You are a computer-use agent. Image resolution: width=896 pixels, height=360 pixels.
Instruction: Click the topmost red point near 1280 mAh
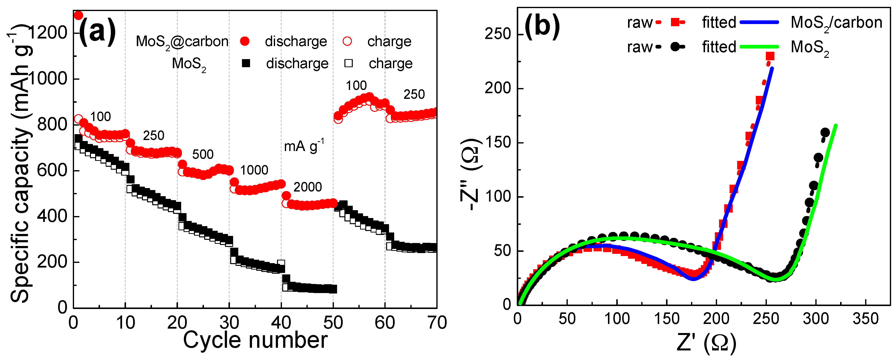(79, 15)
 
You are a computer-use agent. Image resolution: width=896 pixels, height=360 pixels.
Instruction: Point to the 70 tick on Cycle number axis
(437, 323)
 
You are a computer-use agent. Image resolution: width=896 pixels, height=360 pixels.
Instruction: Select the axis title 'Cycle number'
(255, 340)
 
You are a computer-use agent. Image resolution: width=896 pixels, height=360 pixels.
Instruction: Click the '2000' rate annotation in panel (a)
(307, 187)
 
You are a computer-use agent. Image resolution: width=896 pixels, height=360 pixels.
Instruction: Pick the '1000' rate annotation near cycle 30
(254, 170)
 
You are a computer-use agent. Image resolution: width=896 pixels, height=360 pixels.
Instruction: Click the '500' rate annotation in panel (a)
(203, 154)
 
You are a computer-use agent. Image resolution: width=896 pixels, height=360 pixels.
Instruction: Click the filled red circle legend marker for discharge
(245, 41)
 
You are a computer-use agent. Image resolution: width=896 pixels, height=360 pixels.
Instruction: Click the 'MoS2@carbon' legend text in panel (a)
(182, 42)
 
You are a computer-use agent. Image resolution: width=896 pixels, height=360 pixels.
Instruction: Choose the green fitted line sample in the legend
(759, 47)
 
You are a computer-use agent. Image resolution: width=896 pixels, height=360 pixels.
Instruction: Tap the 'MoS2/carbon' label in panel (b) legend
(836, 23)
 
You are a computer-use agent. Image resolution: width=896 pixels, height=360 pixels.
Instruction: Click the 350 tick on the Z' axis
(865, 319)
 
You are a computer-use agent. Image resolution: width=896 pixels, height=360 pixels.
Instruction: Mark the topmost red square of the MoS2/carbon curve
(770, 56)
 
